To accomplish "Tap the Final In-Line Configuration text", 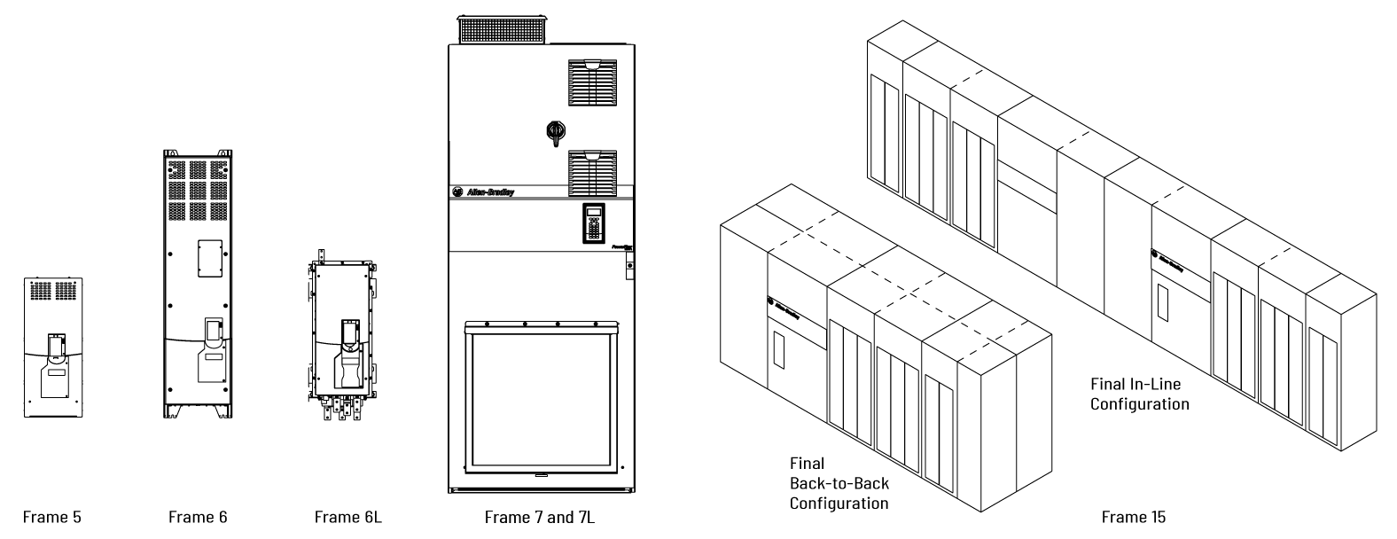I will point(1140,394).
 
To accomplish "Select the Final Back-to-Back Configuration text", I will point(839,483).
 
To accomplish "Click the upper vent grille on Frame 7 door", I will point(592,82).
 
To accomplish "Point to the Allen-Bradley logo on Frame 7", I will point(483,191).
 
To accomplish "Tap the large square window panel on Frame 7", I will point(540,401).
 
